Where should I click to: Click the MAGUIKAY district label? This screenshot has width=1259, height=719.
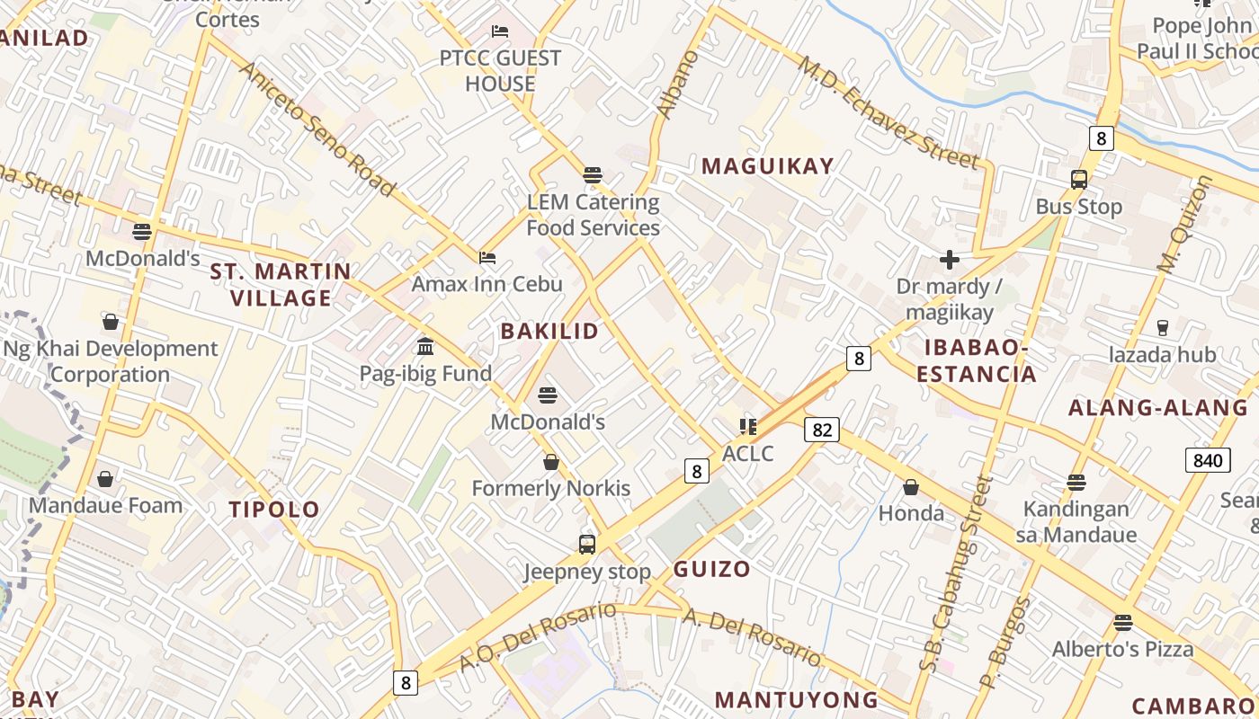(768, 166)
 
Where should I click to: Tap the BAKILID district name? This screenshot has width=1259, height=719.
(549, 331)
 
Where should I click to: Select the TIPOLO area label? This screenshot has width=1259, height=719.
(274, 510)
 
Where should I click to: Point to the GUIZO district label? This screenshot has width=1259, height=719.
(711, 569)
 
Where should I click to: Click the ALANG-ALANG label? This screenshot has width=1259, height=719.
(1158, 408)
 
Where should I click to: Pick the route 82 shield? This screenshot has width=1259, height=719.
(822, 430)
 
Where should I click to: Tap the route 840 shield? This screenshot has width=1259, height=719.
(1208, 461)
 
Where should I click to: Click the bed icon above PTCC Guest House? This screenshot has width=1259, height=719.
(500, 32)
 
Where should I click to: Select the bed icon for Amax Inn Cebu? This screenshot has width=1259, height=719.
(487, 258)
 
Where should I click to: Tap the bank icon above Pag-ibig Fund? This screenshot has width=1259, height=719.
(425, 347)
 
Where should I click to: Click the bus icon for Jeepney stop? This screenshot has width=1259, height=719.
(587, 544)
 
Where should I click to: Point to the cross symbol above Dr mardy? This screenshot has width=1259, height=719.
(949, 261)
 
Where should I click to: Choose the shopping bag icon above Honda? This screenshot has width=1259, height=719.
(911, 487)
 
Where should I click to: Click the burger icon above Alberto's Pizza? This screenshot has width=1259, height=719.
(1122, 622)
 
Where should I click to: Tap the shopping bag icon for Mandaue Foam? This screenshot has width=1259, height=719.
(105, 479)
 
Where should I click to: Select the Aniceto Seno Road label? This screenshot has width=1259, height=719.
(317, 128)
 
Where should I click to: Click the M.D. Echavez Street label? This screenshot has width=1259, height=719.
(888, 112)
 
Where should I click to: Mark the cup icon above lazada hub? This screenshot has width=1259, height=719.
(1162, 328)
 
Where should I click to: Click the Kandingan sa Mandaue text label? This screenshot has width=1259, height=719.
(1076, 522)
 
